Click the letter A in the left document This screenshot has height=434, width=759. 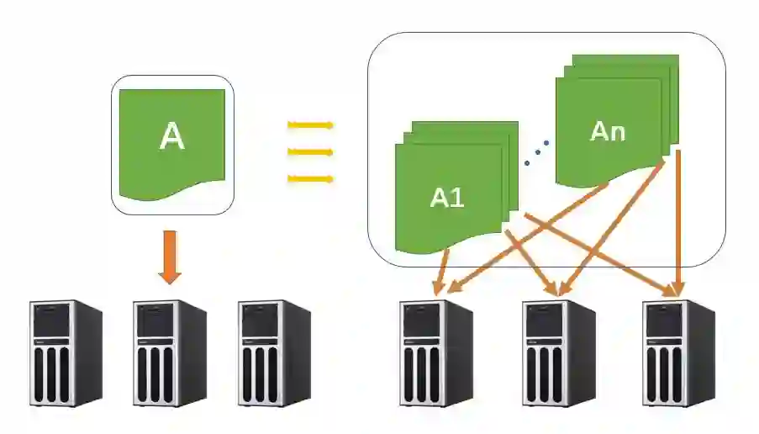171,136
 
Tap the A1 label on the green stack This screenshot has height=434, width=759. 446,198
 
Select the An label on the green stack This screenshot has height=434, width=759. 608,131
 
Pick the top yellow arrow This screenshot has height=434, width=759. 310,125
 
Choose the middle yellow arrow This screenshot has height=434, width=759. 310,152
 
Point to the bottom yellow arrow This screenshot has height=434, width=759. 310,178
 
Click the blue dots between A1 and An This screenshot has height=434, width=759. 535,152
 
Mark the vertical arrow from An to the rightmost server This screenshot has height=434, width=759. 678,219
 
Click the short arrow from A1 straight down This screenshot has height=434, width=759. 440,269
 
